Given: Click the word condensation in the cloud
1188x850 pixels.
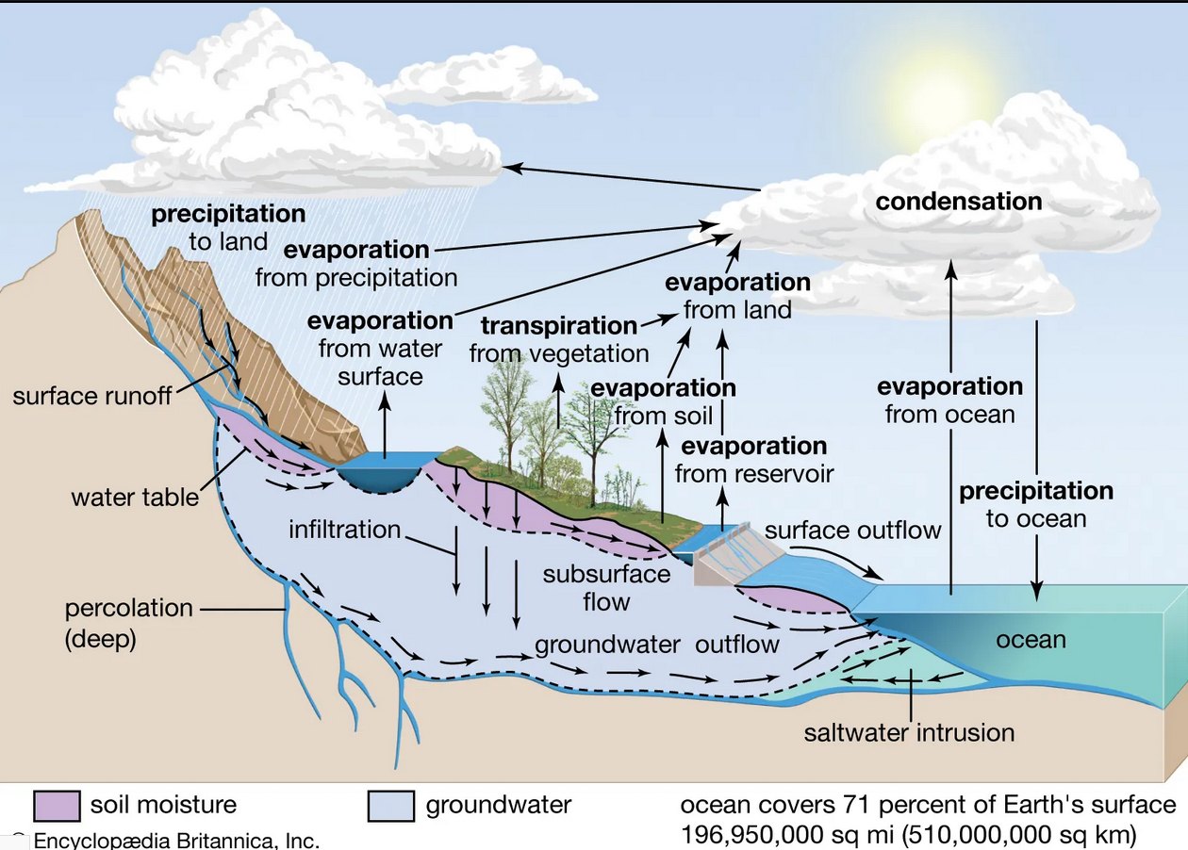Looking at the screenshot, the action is [x=958, y=202].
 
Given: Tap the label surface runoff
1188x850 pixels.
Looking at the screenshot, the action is [x=91, y=397].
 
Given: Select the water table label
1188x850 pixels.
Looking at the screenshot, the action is [x=135, y=498].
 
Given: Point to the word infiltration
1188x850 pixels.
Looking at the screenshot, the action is [x=345, y=530].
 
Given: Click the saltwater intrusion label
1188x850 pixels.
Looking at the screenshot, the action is [x=909, y=733].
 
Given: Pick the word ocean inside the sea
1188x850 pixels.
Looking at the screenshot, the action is [x=1031, y=640].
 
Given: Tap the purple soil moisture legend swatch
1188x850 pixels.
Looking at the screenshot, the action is [x=57, y=806].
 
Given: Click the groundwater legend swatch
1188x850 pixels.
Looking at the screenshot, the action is [x=391, y=806].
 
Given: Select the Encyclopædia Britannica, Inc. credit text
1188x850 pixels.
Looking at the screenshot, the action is [x=176, y=841].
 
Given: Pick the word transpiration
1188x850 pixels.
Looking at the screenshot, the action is [x=559, y=326].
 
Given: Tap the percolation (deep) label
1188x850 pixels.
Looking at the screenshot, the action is [x=128, y=624].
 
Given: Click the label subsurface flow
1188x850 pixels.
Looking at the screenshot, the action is [x=606, y=588].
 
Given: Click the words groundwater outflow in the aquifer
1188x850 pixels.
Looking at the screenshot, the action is [x=657, y=645].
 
